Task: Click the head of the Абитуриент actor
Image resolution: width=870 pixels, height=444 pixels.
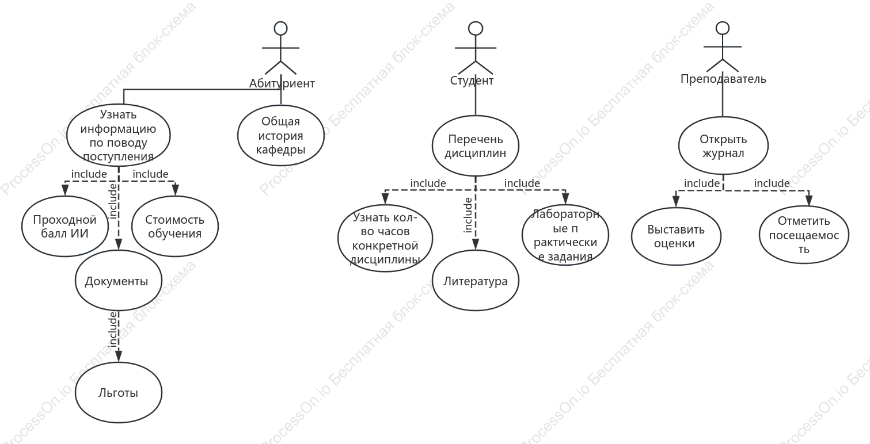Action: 280,29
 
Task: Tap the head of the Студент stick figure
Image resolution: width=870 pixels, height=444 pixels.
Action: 476,29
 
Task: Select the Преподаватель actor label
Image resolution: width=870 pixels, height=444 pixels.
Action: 723,79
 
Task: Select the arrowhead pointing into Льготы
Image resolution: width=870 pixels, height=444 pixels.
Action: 119,357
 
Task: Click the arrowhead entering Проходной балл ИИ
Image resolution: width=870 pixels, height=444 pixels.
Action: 65,190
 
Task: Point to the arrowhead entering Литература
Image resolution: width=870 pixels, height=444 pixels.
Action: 476,244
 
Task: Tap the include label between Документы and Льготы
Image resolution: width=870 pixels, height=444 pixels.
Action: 113,329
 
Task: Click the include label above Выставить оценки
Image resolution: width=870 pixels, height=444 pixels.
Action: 702,183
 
